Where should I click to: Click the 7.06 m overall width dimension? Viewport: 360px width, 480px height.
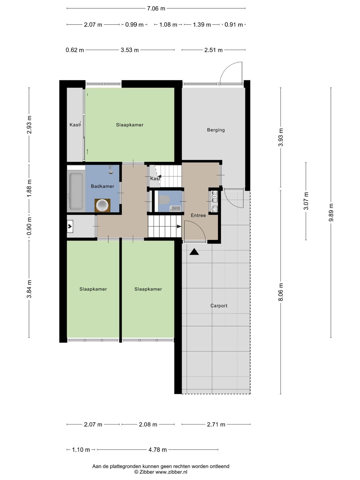pyautogui.click(x=156, y=9)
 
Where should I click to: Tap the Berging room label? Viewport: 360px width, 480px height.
pyautogui.click(x=216, y=130)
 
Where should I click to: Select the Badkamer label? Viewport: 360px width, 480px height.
pyautogui.click(x=102, y=186)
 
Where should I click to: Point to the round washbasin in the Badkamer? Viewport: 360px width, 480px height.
pyautogui.click(x=102, y=205)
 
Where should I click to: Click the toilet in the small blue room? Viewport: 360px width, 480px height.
pyautogui.click(x=164, y=199)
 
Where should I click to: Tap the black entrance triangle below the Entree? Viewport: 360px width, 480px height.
pyautogui.click(x=194, y=252)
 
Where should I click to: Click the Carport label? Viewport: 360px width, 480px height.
pyautogui.click(x=219, y=306)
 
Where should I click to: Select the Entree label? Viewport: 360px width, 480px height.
pyautogui.click(x=198, y=215)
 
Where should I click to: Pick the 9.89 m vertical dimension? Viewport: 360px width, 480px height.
pyautogui.click(x=331, y=212)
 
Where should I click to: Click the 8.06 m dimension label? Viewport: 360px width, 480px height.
pyautogui.click(x=281, y=292)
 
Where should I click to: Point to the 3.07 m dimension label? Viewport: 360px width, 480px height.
pyautogui.click(x=306, y=201)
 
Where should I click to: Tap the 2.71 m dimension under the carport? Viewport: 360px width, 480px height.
pyautogui.click(x=216, y=424)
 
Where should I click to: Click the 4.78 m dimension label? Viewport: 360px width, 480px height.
pyautogui.click(x=157, y=450)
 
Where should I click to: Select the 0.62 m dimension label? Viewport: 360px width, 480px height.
pyautogui.click(x=75, y=50)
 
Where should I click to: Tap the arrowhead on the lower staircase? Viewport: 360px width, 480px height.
pyautogui.click(x=179, y=226)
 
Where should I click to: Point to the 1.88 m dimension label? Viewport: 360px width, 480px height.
pyautogui.click(x=29, y=188)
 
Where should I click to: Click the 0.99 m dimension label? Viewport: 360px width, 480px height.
pyautogui.click(x=134, y=25)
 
